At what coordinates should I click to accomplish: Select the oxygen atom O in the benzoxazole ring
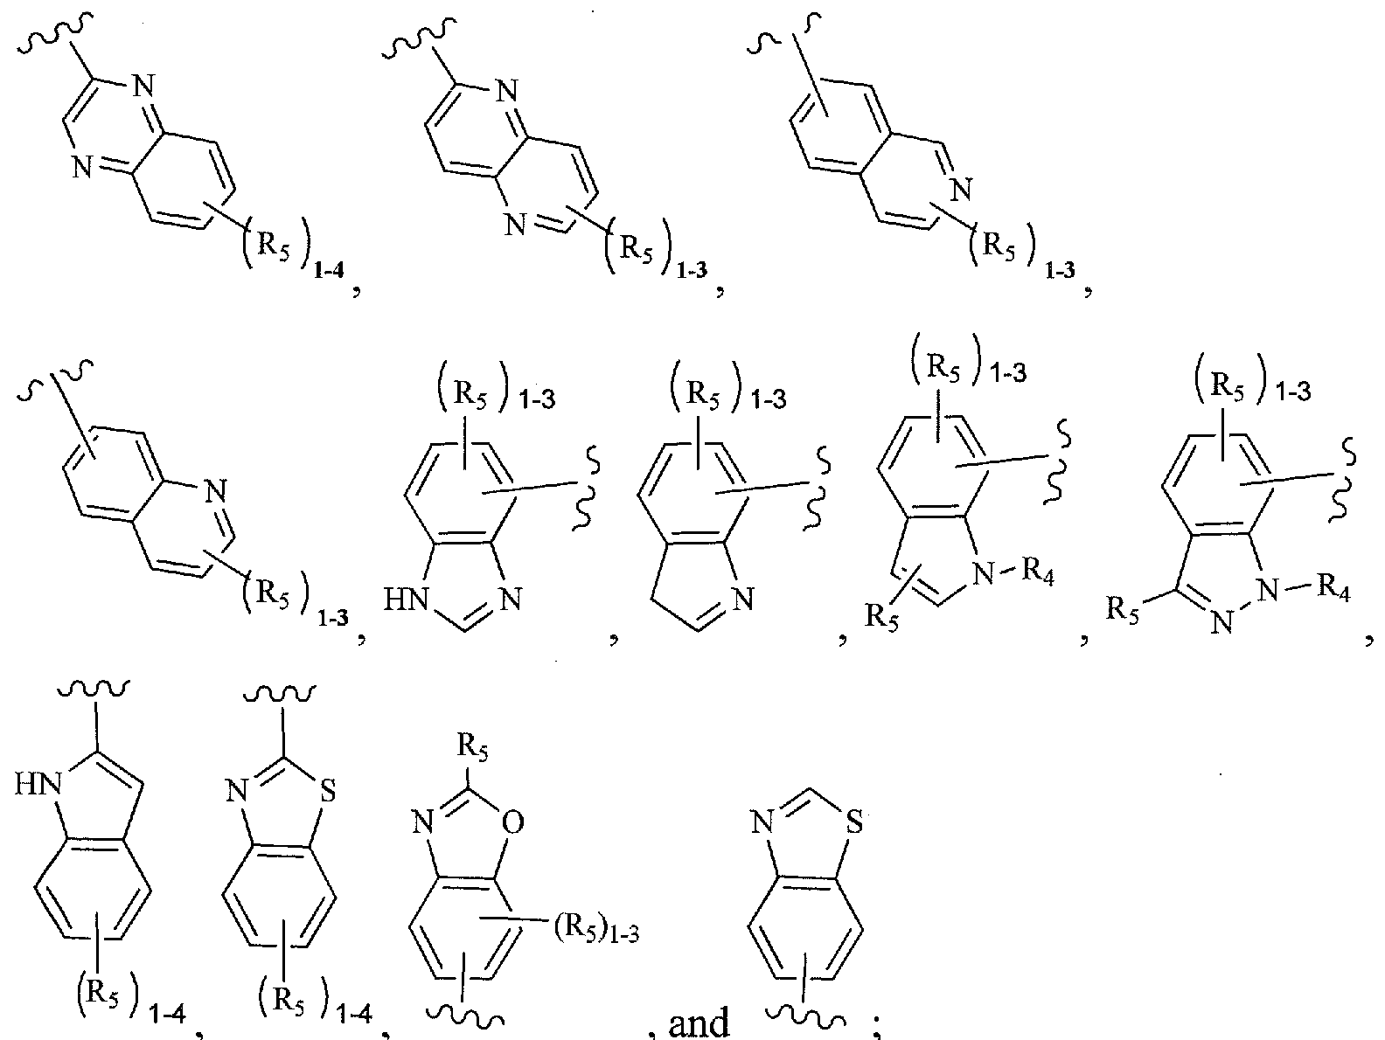pyautogui.click(x=514, y=822)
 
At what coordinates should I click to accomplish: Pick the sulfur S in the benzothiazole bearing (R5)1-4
pyautogui.click(x=326, y=796)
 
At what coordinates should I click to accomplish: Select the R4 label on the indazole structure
pyautogui.click(x=1330, y=594)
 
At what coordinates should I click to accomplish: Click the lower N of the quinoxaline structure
pyautogui.click(x=82, y=168)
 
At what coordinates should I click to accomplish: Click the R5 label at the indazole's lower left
pyautogui.click(x=1124, y=609)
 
